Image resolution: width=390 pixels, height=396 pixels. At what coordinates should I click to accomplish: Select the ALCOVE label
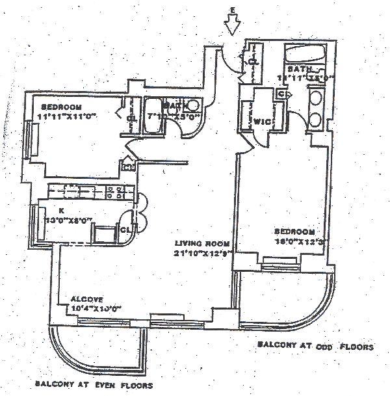coord(84,299)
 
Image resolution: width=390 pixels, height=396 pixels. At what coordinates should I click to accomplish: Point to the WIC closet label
coord(263,120)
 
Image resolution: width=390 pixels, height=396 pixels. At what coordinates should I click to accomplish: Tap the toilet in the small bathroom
coord(193,106)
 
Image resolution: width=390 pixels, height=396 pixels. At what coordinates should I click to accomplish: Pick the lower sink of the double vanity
coord(316,120)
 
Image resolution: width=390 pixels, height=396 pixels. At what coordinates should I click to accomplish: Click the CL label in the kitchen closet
coord(124,228)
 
